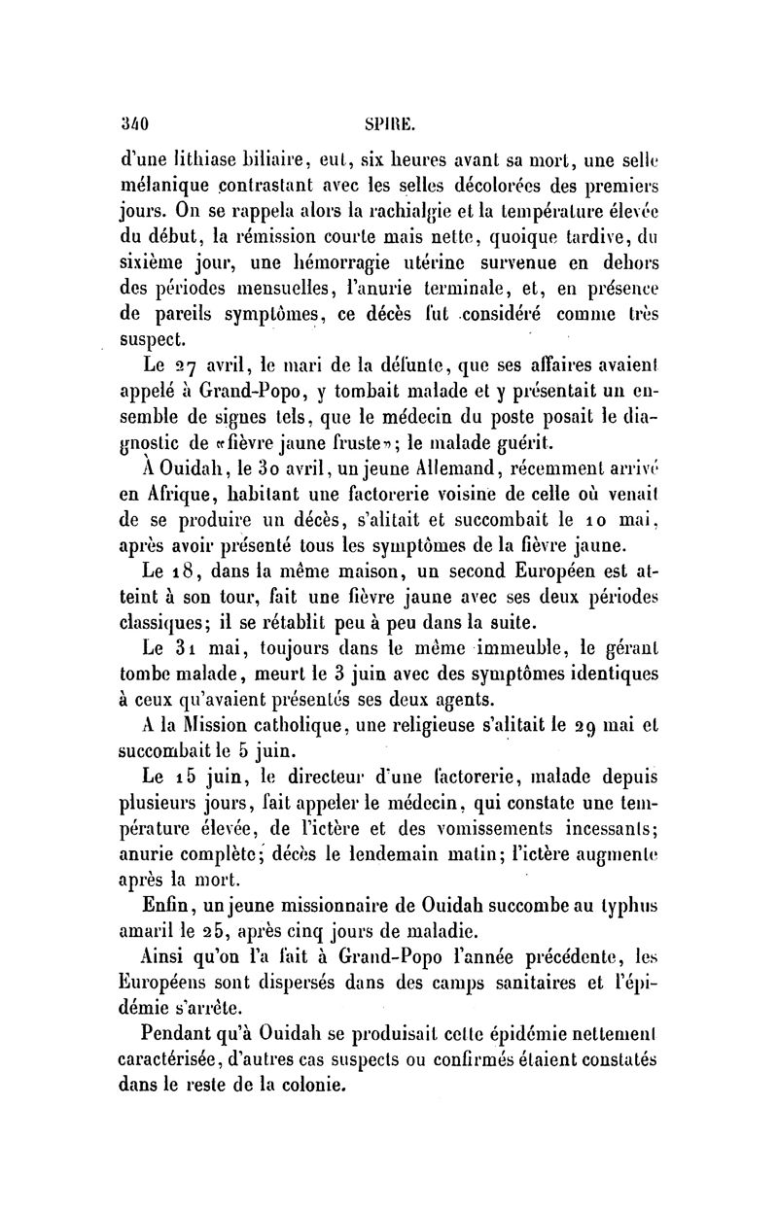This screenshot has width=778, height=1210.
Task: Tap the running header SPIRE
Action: click(x=389, y=124)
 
